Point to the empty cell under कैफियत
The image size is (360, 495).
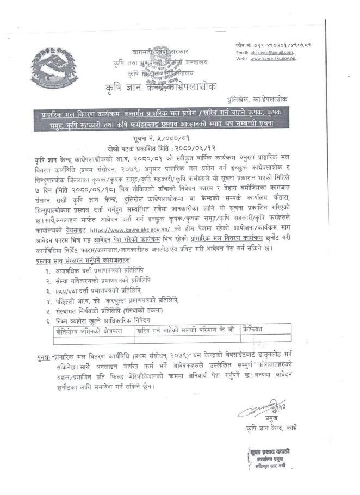point(272,340)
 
